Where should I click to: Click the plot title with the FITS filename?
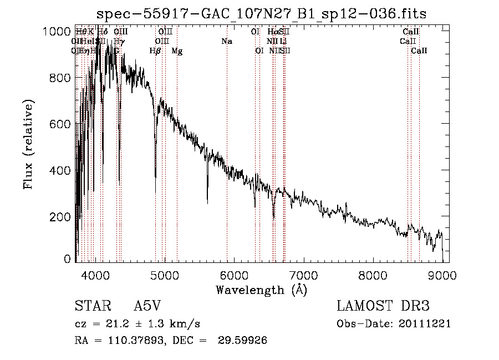(x=261, y=14)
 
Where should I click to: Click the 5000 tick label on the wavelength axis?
(x=165, y=275)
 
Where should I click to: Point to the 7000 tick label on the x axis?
(x=303, y=275)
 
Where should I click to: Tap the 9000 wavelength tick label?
(x=442, y=275)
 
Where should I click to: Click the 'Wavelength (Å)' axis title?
(x=261, y=289)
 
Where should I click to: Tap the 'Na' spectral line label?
(x=226, y=41)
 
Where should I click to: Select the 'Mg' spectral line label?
(x=177, y=51)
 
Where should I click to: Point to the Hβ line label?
(x=155, y=51)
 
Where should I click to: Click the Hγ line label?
(x=119, y=41)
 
